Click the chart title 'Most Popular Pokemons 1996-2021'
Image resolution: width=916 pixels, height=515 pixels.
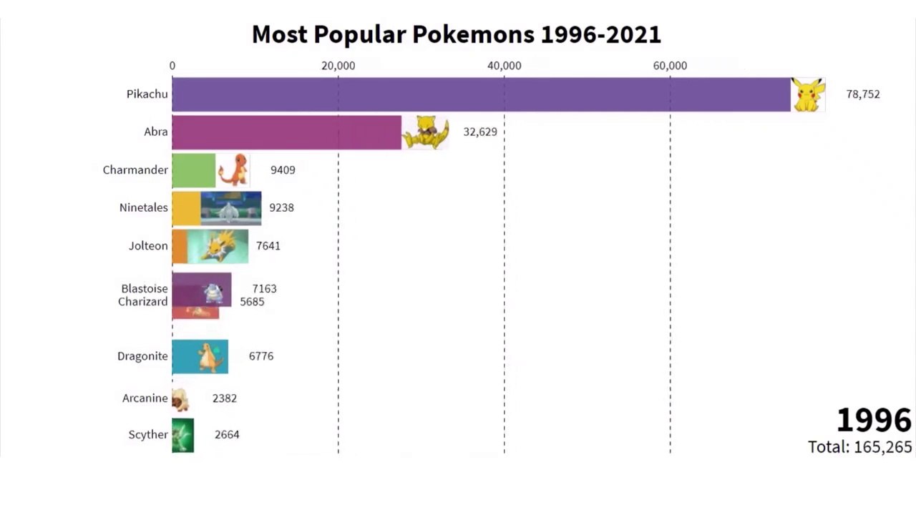point(457,34)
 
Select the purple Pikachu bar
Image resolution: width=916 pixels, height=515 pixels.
point(482,94)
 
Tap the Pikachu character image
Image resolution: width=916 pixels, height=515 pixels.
point(808,95)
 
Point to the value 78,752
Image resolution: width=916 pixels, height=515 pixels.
point(863,94)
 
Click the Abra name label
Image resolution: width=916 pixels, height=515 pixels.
point(156,132)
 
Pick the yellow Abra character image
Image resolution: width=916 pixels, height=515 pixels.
point(425,132)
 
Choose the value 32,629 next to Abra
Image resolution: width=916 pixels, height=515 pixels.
point(480,132)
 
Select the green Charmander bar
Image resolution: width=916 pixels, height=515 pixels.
point(194,170)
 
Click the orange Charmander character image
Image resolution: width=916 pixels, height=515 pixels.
point(233,170)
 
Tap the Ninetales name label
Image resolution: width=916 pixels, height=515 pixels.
point(144,207)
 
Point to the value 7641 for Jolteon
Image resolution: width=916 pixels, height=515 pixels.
point(268,246)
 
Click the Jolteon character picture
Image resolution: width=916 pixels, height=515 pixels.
point(218,247)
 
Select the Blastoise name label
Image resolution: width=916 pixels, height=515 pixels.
point(145,288)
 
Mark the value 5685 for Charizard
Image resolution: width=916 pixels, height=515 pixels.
point(252,302)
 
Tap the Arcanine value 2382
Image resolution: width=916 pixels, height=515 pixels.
point(225,398)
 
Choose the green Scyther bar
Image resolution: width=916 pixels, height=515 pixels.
point(182,436)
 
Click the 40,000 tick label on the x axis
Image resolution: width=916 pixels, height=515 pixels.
point(505,66)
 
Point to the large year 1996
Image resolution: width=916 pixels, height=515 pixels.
point(874,420)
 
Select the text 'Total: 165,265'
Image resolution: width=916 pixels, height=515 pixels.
point(860,447)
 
